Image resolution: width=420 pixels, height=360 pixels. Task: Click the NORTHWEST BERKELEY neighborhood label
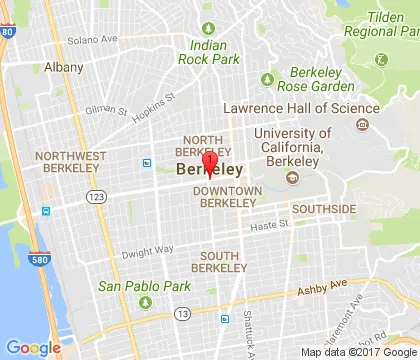[x=69, y=163]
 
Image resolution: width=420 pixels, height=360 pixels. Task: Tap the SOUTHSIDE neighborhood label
[x=323, y=209]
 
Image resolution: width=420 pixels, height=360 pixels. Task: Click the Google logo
[x=33, y=347]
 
